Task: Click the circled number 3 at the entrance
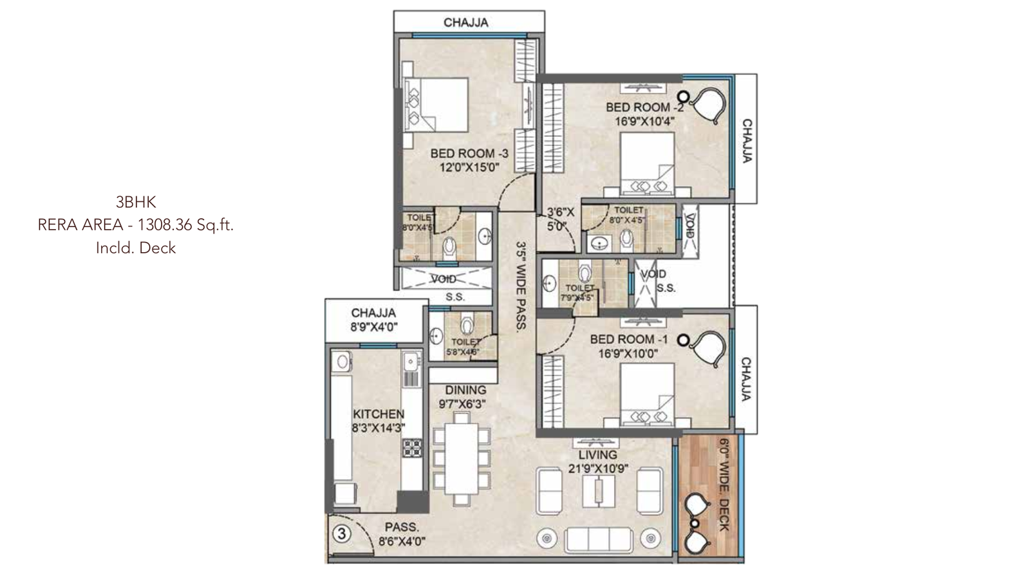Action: coord(342,533)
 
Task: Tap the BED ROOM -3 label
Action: coord(469,154)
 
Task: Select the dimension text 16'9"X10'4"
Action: coord(644,121)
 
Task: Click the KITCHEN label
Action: coord(379,414)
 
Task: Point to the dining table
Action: coord(460,459)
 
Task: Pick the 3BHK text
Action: coord(136,202)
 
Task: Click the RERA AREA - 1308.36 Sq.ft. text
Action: coord(136,225)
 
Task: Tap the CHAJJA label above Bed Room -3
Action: coord(466,23)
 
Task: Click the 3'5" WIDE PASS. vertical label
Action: coord(522,285)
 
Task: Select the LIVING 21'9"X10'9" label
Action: coord(598,461)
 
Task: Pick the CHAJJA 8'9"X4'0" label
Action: coord(374,320)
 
